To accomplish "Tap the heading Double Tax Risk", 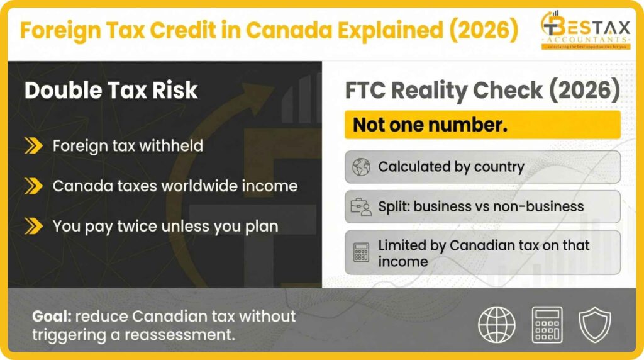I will coord(111,91).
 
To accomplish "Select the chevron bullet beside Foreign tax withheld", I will coord(33,146).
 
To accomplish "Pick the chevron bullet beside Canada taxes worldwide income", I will coord(33,186).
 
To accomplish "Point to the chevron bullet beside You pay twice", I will coord(33,226).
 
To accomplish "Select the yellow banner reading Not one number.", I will coord(482,125).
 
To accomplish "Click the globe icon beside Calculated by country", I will coord(361,167).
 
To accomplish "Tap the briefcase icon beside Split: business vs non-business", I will coord(361,206).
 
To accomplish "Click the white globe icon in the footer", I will coord(497,324).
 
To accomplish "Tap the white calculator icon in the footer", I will coord(547,324).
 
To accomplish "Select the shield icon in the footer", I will coord(595,324).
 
